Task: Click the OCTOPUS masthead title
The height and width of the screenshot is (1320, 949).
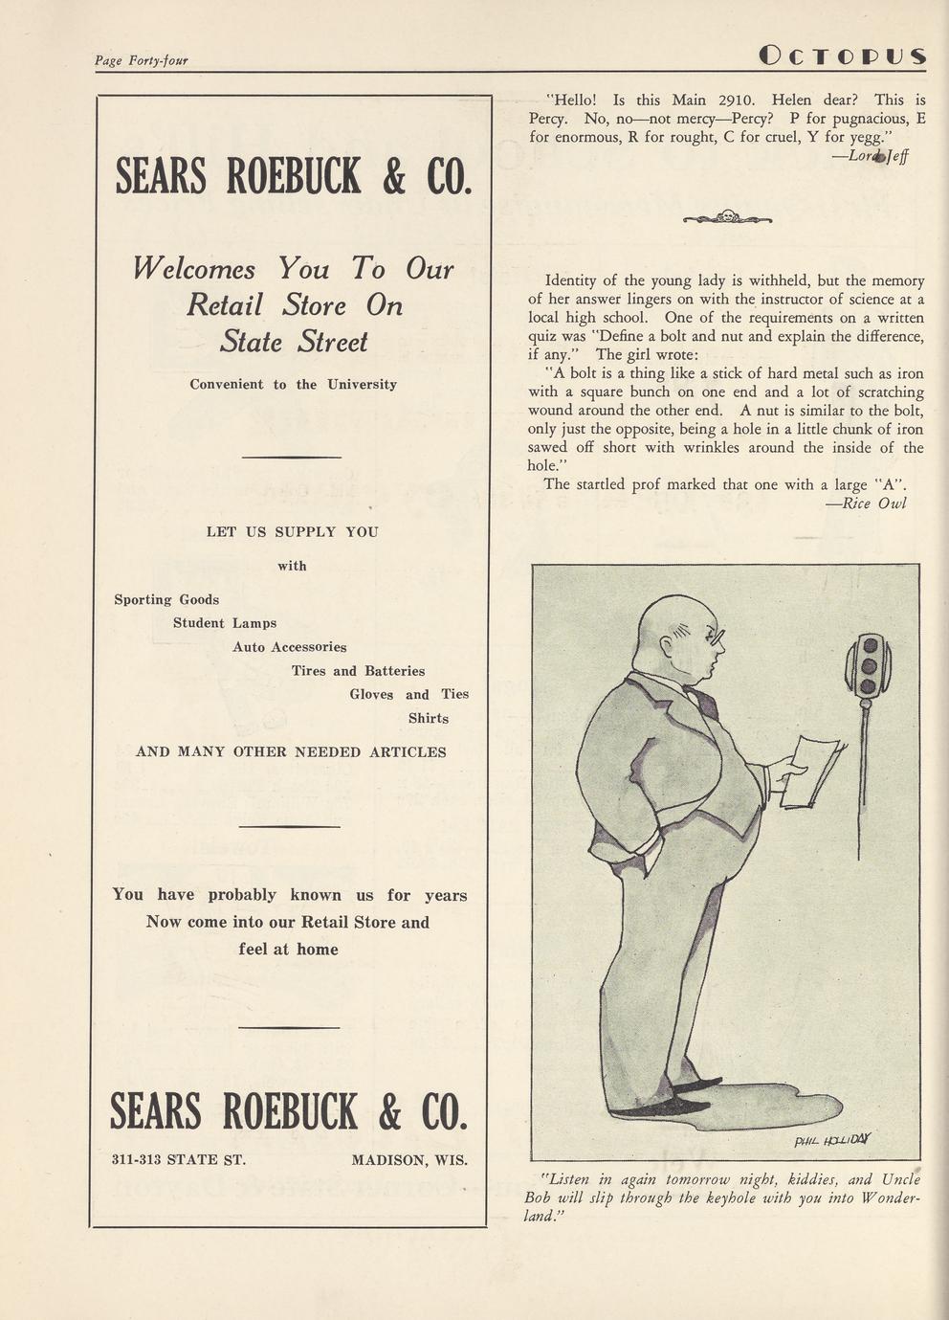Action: [x=842, y=56]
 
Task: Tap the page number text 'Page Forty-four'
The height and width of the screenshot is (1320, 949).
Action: [x=141, y=60]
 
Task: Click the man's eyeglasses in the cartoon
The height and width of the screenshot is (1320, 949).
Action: [x=713, y=634]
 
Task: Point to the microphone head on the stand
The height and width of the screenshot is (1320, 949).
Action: [x=868, y=663]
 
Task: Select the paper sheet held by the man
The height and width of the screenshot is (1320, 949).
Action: [x=811, y=771]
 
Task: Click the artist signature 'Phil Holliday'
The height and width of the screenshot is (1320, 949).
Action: [x=831, y=1139]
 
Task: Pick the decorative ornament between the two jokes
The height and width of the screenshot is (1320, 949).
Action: [x=727, y=217]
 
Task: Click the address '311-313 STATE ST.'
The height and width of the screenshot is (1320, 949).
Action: [x=179, y=1160]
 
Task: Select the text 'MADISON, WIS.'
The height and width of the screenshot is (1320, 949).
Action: [x=409, y=1160]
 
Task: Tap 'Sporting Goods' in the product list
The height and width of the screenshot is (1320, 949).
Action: [x=166, y=600]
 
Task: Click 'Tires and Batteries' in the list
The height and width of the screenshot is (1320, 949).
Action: [x=358, y=671]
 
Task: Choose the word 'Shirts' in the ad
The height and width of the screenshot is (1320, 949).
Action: [x=428, y=718]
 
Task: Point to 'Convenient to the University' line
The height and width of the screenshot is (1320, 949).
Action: [x=293, y=385]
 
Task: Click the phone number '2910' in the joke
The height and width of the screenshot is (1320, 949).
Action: [x=737, y=100]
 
